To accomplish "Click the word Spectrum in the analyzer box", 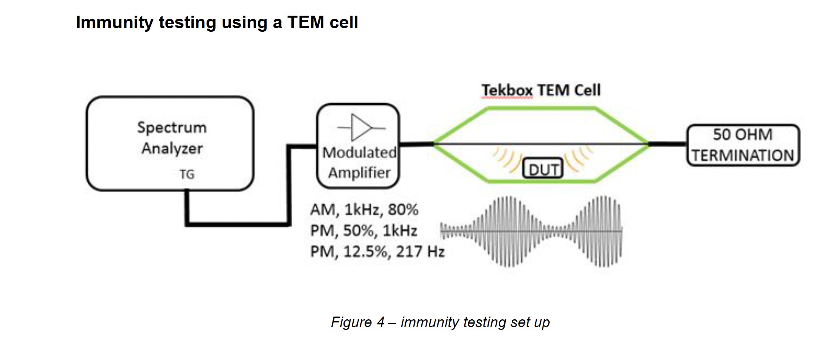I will pyautogui.click(x=172, y=128).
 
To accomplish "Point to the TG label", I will pyautogui.click(x=187, y=175).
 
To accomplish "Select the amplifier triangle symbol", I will pyautogui.click(x=361, y=128).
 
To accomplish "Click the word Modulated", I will pyautogui.click(x=359, y=153).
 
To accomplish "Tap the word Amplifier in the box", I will pyautogui.click(x=359, y=173).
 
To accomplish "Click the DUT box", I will pyautogui.click(x=543, y=169).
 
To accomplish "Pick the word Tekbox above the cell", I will pyautogui.click(x=507, y=90).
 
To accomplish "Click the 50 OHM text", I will pyautogui.click(x=742, y=135).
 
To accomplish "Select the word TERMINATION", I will pyautogui.click(x=743, y=156).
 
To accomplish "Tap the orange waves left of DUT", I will pyautogui.click(x=506, y=160).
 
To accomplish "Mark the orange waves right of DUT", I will pyautogui.click(x=578, y=159).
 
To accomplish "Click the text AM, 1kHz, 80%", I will pyautogui.click(x=364, y=210).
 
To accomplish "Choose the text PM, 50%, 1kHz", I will pyautogui.click(x=363, y=231).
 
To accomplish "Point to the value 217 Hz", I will pyautogui.click(x=420, y=252).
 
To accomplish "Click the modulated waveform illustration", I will pyautogui.click(x=531, y=231).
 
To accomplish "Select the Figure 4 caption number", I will pyautogui.click(x=380, y=322).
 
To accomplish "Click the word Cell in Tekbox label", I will pyautogui.click(x=587, y=90).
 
